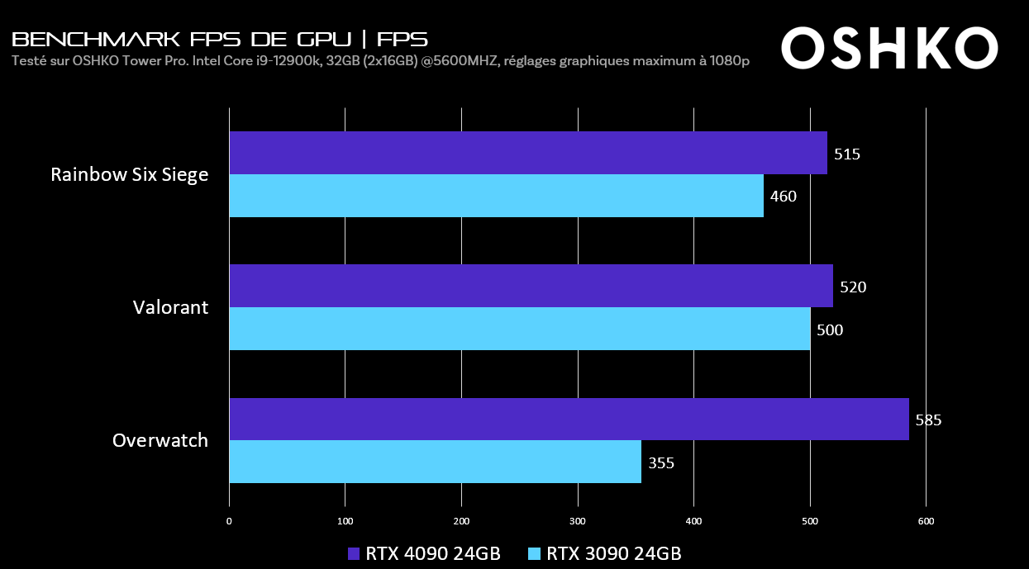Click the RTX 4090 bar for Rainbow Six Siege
527,153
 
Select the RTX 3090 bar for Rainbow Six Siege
496,196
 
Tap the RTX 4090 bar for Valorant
531,286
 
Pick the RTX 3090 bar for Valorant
519,329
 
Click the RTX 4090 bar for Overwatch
569,420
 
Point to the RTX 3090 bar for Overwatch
435,462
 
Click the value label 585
928,420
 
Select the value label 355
661,462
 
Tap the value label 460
784,197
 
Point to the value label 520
853,287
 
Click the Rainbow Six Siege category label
130,175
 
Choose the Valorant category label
170,308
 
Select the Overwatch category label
160,441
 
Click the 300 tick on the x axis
578,521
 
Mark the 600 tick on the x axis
926,521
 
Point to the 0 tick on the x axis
229,521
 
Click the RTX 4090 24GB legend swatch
354,553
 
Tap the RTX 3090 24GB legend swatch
535,553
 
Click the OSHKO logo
889,49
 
